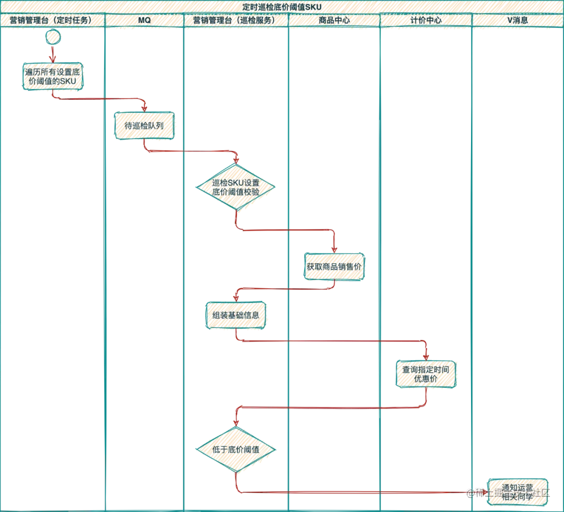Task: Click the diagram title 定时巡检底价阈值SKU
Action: click(282, 6)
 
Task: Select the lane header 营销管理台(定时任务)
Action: click(51, 20)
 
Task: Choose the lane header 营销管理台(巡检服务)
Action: click(236, 20)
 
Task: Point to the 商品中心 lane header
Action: click(334, 20)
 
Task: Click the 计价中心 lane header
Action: click(426, 20)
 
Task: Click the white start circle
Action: click(53, 37)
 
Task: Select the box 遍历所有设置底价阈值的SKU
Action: click(53, 77)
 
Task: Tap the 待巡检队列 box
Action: click(145, 126)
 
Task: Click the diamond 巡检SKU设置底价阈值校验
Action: click(236, 188)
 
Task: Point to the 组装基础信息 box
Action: click(236, 315)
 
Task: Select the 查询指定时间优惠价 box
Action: click(427, 375)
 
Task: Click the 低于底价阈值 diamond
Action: click(236, 449)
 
